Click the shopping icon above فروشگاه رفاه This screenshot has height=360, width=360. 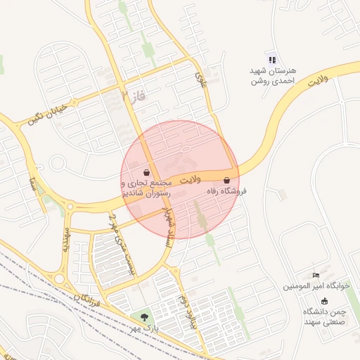click(x=226, y=180)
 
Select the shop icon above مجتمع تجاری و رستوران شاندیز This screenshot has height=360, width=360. click(x=146, y=172)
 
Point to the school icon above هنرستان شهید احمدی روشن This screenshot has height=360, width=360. click(x=273, y=60)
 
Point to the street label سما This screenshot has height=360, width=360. click(x=33, y=184)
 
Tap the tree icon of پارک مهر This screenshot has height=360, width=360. click(x=145, y=318)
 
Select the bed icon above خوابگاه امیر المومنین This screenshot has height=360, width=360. click(x=316, y=274)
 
